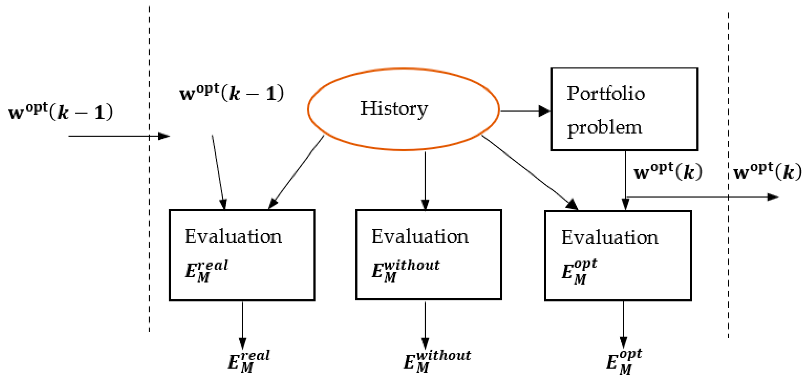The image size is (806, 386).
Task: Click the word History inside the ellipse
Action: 394,108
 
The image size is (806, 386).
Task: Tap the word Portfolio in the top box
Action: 605,94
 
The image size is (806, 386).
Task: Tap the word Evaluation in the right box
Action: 610,237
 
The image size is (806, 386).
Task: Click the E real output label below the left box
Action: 249,361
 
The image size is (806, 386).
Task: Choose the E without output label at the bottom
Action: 437,361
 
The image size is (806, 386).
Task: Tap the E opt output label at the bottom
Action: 624,362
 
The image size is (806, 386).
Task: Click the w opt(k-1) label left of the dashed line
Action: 60,112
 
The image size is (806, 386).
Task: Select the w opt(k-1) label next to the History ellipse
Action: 232,93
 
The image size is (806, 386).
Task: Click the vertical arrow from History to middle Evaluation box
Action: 425,180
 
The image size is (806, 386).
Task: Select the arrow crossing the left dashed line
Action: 119,136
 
